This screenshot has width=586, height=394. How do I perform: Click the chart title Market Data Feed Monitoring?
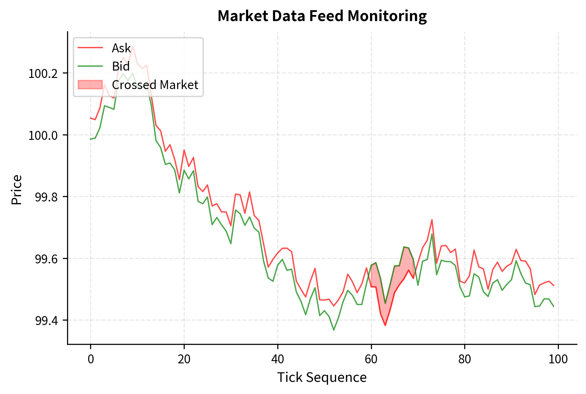[x=322, y=16]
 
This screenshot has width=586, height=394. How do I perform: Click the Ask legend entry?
[x=121, y=48]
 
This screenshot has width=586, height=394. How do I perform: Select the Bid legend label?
[x=120, y=66]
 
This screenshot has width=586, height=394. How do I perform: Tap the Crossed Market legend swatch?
[x=90, y=85]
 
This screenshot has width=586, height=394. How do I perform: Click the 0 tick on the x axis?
[x=91, y=359]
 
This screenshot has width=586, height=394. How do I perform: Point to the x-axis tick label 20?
[x=184, y=359]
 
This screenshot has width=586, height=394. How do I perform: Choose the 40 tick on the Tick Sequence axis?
[x=278, y=359]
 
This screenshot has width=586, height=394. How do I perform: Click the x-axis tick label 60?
[x=371, y=359]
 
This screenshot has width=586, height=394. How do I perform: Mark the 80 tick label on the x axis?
[x=465, y=359]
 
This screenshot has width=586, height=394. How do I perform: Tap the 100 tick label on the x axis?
[x=558, y=359]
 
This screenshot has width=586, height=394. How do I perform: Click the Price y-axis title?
[x=17, y=190]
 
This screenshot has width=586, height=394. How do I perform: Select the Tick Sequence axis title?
[x=322, y=377]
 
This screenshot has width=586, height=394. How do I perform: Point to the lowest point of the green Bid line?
[x=334, y=330]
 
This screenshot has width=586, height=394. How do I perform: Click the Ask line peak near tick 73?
[x=432, y=220]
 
